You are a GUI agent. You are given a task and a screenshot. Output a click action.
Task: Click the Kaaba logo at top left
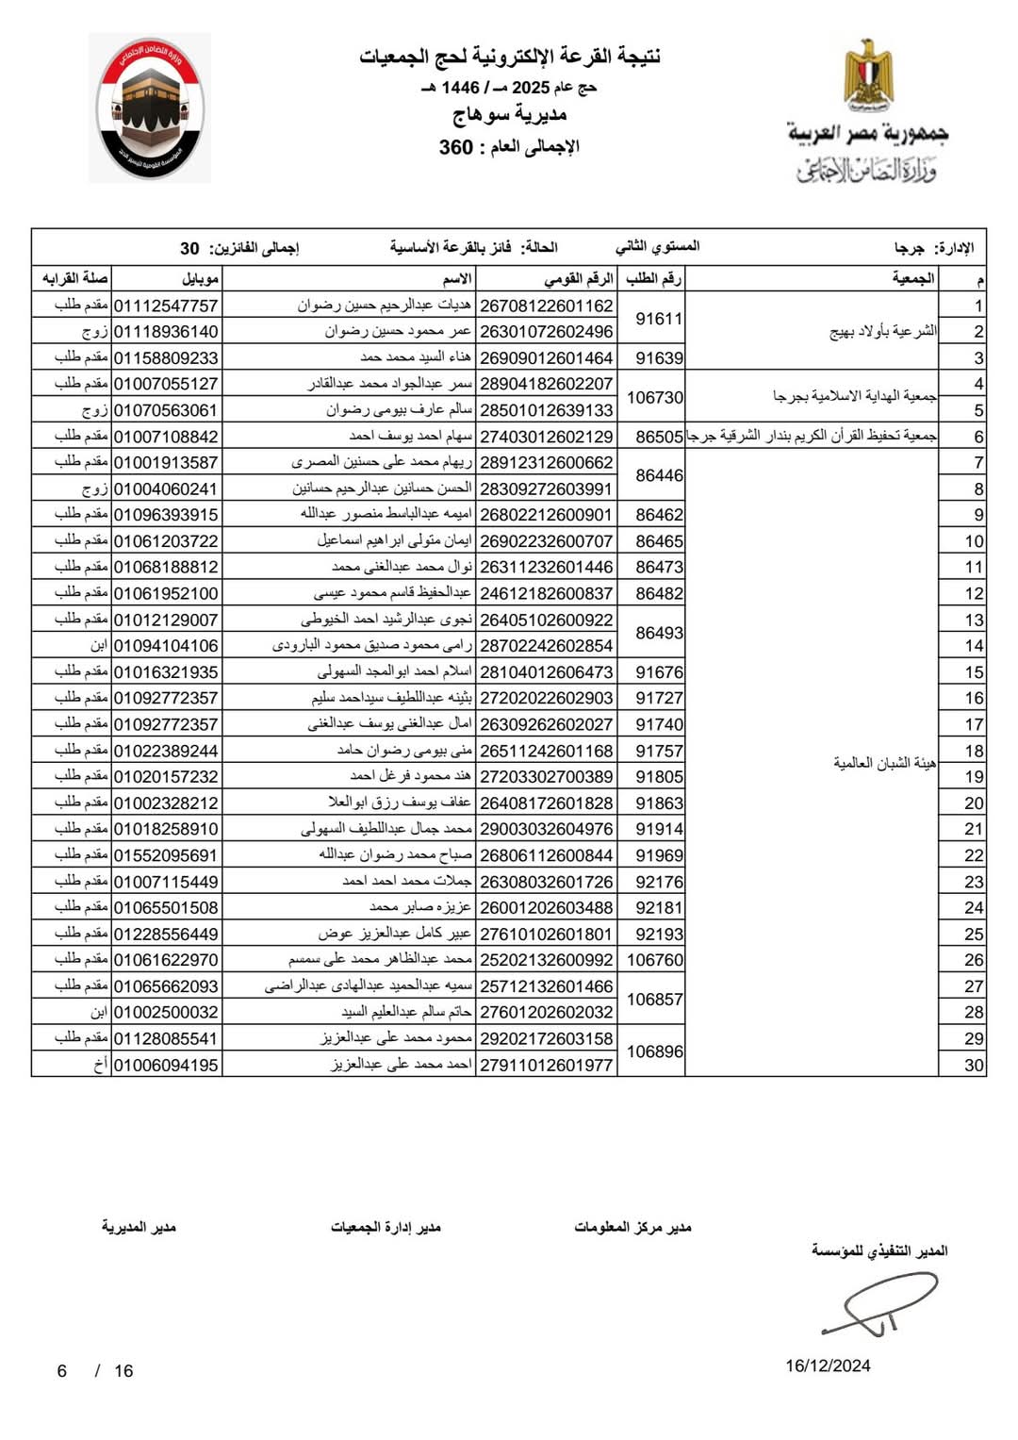(x=150, y=108)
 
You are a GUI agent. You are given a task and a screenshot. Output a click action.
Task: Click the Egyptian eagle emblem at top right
(x=868, y=74)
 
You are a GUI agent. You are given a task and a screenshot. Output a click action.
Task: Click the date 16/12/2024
(x=828, y=1366)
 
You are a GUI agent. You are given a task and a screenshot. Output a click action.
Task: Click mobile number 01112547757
(x=166, y=306)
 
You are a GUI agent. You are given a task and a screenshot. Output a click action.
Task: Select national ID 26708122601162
(x=547, y=306)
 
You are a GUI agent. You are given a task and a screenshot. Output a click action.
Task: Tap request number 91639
(x=659, y=358)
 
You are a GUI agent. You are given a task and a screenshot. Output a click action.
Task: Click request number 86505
(x=659, y=437)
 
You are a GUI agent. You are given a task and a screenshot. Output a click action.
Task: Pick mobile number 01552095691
(x=166, y=855)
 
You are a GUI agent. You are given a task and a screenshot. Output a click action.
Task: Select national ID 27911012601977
(x=547, y=1065)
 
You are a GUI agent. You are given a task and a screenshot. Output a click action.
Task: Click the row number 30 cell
(x=974, y=1065)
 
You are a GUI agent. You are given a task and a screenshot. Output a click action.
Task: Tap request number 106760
(x=655, y=960)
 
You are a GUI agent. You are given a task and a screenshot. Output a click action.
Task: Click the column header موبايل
(x=201, y=279)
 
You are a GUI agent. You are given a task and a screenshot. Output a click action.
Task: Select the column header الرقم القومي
(x=578, y=279)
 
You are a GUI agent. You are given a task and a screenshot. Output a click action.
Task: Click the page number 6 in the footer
(x=62, y=1371)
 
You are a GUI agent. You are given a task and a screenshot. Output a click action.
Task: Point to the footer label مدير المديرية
(x=139, y=1227)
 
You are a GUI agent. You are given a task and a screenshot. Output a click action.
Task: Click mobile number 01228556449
(x=166, y=934)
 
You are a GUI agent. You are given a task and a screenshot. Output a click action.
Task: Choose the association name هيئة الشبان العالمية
(x=883, y=762)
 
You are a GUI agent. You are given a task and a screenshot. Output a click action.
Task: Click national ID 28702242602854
(x=547, y=646)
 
